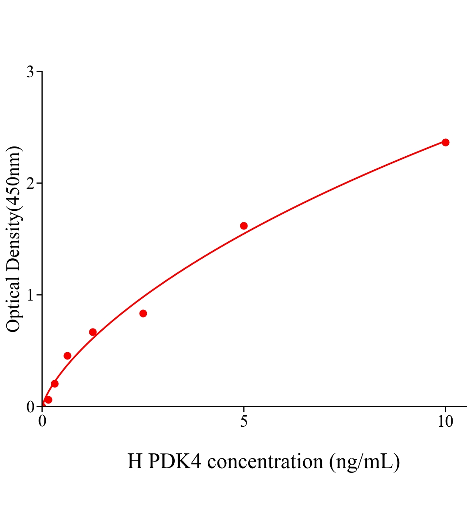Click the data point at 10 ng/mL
point(445,142)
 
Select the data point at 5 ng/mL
point(244,226)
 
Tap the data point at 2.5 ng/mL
point(143,313)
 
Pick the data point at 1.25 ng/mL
point(93,332)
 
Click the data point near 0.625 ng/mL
point(67,356)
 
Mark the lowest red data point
point(48,400)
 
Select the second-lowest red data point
point(55,384)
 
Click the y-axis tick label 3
point(30,72)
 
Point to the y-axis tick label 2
point(30,183)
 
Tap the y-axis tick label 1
point(30,295)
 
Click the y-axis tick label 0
point(30,407)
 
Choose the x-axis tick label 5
point(244,422)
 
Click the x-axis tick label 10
point(445,422)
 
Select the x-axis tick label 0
point(42,422)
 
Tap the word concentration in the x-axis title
point(266,461)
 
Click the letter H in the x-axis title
point(135,461)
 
